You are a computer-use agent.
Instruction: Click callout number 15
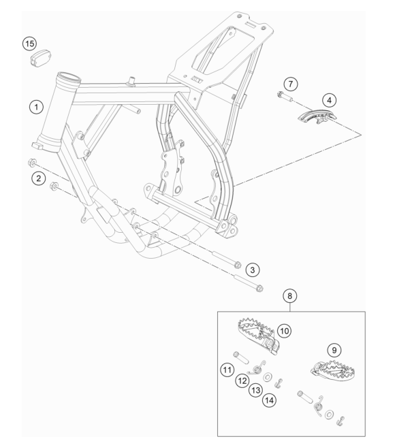coord(29,44)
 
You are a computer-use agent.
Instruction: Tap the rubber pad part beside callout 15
coord(40,59)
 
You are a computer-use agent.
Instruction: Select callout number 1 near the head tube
coord(36,107)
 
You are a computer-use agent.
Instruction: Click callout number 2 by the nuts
coord(38,178)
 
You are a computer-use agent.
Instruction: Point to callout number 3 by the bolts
coord(253,270)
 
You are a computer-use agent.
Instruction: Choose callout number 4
coord(329,100)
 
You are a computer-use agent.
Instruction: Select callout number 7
coord(291,84)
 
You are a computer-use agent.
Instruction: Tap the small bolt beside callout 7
coord(285,97)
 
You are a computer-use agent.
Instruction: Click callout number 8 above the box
coord(289,295)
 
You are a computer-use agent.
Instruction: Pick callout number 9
coord(334,350)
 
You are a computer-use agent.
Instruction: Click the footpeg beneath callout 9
coord(333,371)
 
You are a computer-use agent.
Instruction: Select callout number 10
coord(285,331)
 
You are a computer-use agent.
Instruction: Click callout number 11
coord(227,370)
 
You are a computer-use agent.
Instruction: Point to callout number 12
coord(242,380)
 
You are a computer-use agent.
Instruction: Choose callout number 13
coord(256,390)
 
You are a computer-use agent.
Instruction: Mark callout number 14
coord(269,400)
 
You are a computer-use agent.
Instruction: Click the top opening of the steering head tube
coord(69,77)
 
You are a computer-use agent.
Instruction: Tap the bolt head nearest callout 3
coord(237,264)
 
